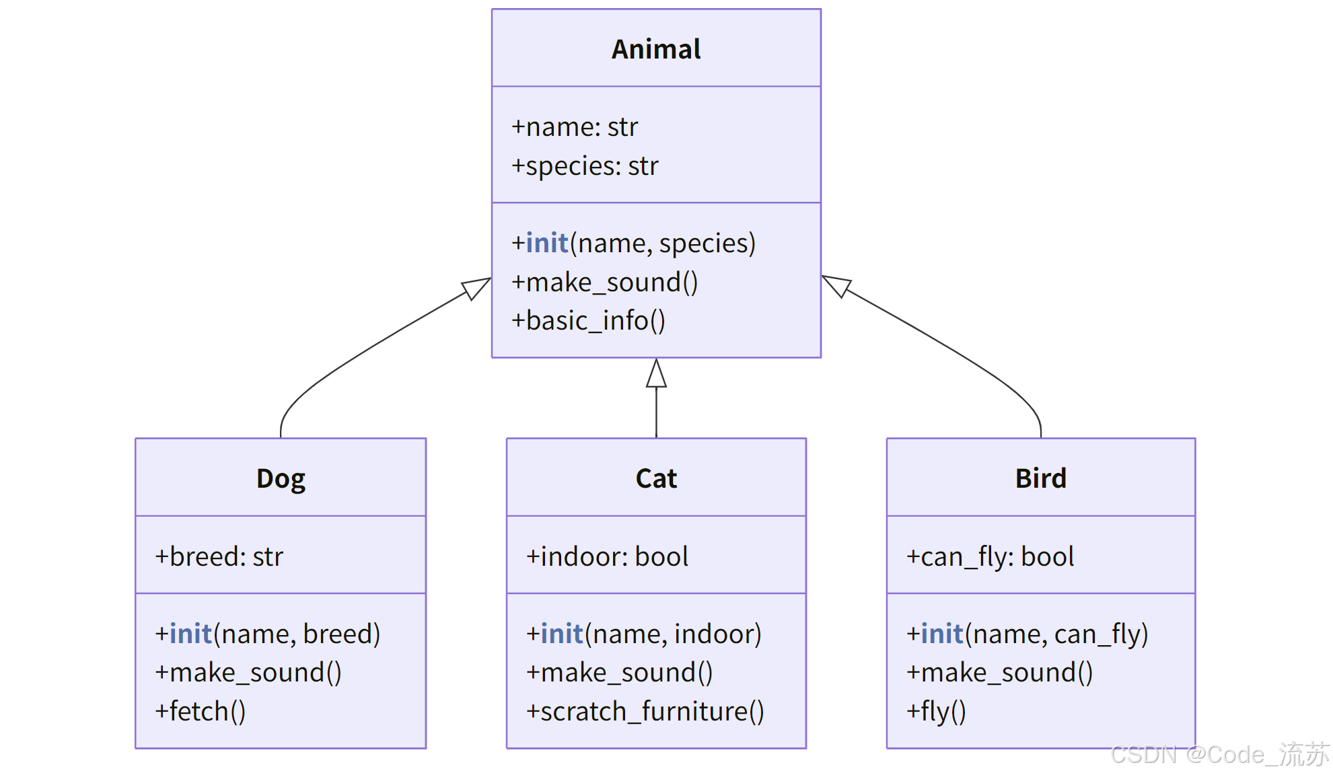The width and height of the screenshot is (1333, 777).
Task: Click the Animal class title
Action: click(656, 49)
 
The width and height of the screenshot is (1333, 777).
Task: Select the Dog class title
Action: click(281, 479)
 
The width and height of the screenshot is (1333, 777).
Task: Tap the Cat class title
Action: click(656, 479)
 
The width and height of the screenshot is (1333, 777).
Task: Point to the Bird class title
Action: click(1040, 479)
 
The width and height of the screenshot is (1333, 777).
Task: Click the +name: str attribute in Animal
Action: click(575, 127)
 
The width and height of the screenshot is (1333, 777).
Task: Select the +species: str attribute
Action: click(585, 166)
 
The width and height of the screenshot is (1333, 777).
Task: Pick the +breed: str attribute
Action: click(219, 557)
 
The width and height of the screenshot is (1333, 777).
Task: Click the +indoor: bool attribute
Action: click(607, 557)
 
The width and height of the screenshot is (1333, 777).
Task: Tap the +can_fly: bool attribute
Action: click(990, 557)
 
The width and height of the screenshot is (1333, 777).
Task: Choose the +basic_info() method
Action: click(589, 321)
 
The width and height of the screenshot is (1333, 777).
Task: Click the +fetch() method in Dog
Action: click(201, 712)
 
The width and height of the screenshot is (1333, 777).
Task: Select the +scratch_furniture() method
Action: click(645, 712)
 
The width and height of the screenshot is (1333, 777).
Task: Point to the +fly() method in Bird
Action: click(936, 712)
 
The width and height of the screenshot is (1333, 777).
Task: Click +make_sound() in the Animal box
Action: click(605, 283)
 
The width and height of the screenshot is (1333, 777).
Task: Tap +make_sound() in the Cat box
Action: click(620, 673)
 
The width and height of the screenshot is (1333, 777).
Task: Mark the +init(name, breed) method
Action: click(268, 634)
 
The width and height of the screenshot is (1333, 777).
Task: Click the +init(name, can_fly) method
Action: click(1027, 634)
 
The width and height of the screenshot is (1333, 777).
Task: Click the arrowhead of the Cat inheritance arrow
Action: click(656, 374)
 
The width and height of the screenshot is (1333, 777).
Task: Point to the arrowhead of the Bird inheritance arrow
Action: click(836, 285)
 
